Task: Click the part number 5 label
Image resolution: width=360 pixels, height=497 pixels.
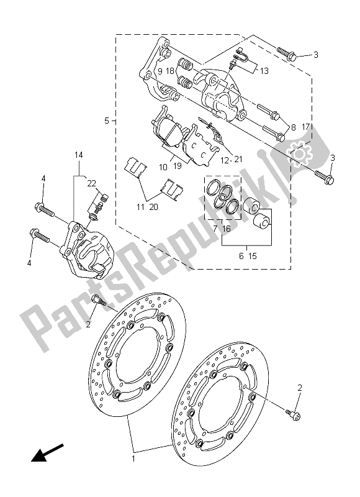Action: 107,120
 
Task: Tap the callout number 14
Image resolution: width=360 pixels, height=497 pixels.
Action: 79,154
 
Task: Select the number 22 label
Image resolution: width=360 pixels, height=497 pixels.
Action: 91,183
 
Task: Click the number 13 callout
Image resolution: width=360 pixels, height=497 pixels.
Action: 264,71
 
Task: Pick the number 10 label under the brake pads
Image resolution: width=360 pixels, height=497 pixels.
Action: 163,166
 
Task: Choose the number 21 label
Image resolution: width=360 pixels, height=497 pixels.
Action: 239,160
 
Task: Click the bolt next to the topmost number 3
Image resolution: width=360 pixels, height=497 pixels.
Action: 288,54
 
